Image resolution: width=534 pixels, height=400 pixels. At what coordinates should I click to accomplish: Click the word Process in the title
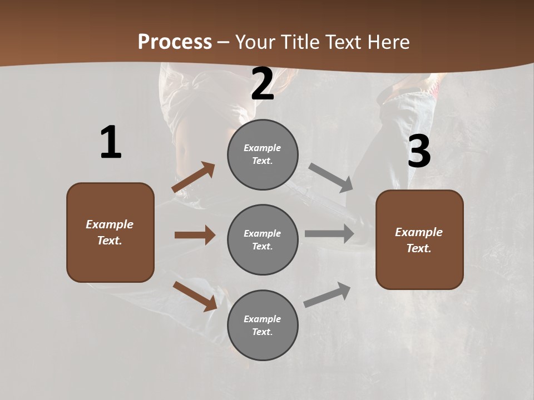click(175, 42)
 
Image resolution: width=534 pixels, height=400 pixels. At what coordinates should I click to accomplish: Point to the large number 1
click(111, 142)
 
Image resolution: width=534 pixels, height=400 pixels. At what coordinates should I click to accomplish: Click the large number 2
click(263, 84)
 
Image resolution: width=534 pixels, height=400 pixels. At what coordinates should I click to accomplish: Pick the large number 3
click(419, 152)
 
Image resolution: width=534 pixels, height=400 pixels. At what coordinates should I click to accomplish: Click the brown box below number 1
click(110, 232)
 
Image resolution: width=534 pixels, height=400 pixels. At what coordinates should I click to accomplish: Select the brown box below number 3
click(419, 239)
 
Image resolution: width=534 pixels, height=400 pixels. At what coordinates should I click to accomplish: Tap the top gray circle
click(263, 154)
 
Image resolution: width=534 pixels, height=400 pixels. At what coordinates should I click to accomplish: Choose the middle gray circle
click(263, 239)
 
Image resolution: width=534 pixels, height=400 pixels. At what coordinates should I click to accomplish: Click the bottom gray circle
click(263, 325)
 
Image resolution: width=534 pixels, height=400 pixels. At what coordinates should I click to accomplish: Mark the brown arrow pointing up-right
click(194, 177)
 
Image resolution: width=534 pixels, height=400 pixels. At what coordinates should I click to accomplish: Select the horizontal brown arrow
click(195, 235)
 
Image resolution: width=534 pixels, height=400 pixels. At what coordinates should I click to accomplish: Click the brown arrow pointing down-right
click(195, 296)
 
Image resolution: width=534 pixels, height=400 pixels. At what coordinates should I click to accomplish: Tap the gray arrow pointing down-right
click(331, 178)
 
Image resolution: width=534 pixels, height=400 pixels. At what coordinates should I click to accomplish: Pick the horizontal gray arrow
click(329, 233)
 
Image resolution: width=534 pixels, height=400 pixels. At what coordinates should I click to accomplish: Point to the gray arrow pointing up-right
click(327, 294)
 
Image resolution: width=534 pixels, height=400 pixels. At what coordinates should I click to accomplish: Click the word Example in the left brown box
click(110, 224)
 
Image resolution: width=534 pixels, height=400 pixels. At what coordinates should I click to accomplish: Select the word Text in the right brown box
click(418, 248)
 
